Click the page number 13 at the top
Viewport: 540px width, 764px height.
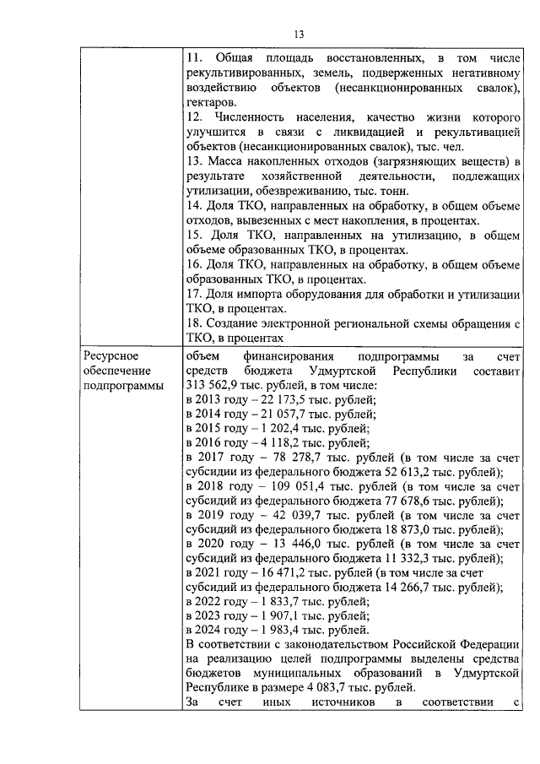click(298, 35)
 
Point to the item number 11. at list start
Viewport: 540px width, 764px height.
click(193, 58)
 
